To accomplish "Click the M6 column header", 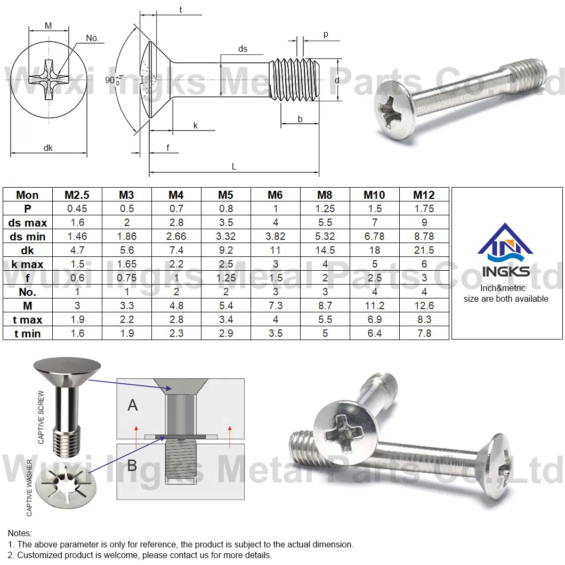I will (x=275, y=195).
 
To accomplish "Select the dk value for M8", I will (x=325, y=251).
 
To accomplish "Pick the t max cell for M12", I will (x=424, y=320).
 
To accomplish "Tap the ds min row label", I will (x=27, y=237).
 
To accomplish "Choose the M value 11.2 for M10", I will (x=374, y=306).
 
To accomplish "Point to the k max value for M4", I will (x=176, y=264).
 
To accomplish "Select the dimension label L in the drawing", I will (x=233, y=166).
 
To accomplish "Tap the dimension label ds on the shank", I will (x=243, y=49).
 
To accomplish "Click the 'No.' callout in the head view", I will (x=92, y=38).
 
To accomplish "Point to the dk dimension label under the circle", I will (x=48, y=148).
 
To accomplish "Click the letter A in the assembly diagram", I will (x=133, y=405).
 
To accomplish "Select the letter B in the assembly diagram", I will (x=132, y=465).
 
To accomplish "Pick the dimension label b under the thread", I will (x=300, y=119).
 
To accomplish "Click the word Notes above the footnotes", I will (x=20, y=533).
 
